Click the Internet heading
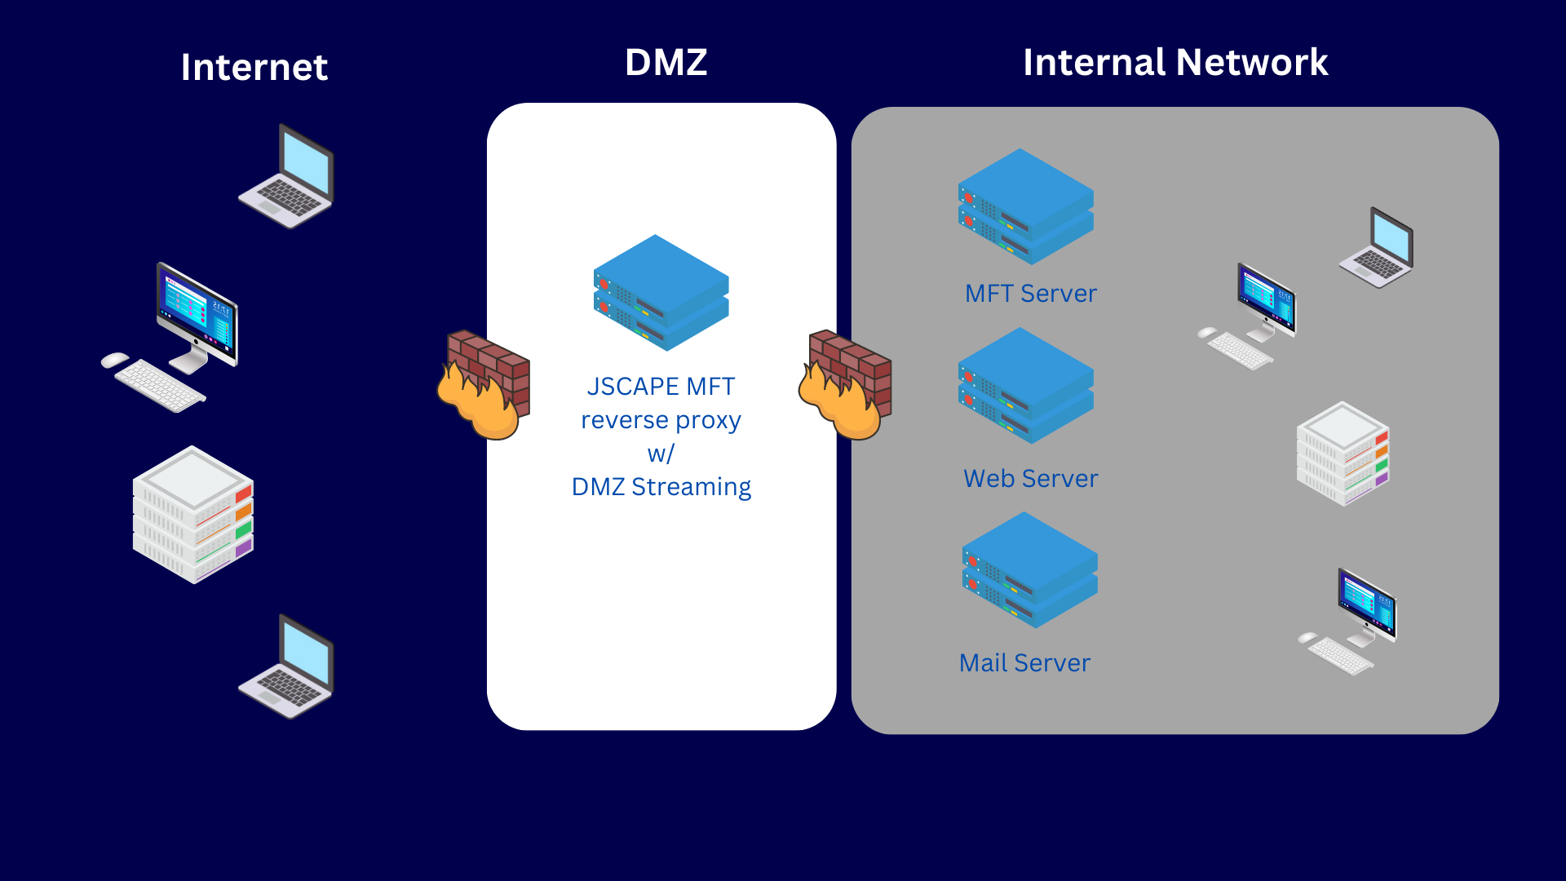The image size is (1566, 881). point(254,67)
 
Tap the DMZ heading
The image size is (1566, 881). point(666,63)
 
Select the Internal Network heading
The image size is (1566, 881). point(1175,63)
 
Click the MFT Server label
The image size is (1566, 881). point(1030,294)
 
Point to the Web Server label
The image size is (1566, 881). point(1030,479)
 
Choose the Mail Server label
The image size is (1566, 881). point(1024,663)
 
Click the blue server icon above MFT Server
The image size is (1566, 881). point(1025,206)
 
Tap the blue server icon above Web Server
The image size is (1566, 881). point(1025,386)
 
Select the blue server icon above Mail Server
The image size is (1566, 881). point(1029,570)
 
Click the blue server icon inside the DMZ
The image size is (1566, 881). point(661,293)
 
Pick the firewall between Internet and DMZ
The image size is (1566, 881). point(484,384)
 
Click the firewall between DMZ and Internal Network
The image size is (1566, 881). point(845,384)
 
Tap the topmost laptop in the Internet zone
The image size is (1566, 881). point(287,176)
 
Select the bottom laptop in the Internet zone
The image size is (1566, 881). point(287,666)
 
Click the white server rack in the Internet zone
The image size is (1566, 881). point(193,514)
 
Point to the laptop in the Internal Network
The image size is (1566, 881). point(1377,248)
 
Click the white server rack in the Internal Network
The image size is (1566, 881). point(1343,454)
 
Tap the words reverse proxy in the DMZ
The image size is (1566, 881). point(661,421)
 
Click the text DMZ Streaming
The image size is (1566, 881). point(661,487)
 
